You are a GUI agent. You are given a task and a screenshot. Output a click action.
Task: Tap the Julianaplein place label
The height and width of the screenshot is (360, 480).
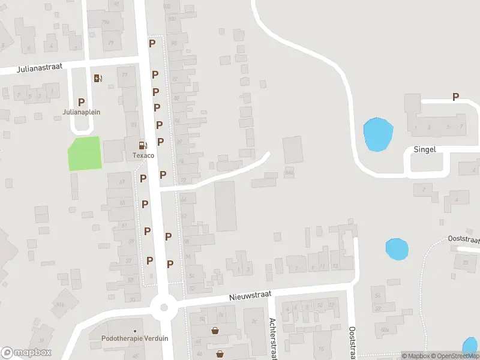[x=82, y=112]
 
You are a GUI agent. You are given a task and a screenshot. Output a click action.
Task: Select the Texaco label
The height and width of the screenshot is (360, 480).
[x=143, y=155]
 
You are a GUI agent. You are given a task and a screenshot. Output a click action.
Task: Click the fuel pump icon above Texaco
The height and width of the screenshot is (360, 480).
[x=143, y=145]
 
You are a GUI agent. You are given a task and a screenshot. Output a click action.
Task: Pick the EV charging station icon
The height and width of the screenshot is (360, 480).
[x=98, y=78]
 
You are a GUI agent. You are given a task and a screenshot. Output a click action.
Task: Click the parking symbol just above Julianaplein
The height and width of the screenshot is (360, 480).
[x=82, y=102]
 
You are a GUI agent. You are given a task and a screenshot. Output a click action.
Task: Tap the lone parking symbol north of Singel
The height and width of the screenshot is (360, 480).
[x=455, y=97]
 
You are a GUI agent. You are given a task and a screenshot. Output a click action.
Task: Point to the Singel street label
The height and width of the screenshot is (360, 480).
[x=424, y=149]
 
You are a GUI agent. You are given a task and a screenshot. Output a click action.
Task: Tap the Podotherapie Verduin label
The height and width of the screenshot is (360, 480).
[x=135, y=338]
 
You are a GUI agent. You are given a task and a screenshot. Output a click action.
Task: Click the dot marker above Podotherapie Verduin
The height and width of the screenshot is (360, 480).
[x=135, y=331]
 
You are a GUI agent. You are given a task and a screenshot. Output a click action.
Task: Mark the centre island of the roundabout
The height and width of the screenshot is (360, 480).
[x=163, y=308]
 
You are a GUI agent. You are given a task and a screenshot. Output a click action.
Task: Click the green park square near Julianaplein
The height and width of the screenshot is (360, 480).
[x=84, y=154]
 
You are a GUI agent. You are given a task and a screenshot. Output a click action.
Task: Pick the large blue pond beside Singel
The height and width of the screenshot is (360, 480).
[x=378, y=133]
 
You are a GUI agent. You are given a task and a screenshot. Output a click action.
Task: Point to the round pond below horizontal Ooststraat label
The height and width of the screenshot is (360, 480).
[x=396, y=249]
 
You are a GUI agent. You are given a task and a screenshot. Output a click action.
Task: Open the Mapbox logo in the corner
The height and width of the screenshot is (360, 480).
[x=26, y=353]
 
